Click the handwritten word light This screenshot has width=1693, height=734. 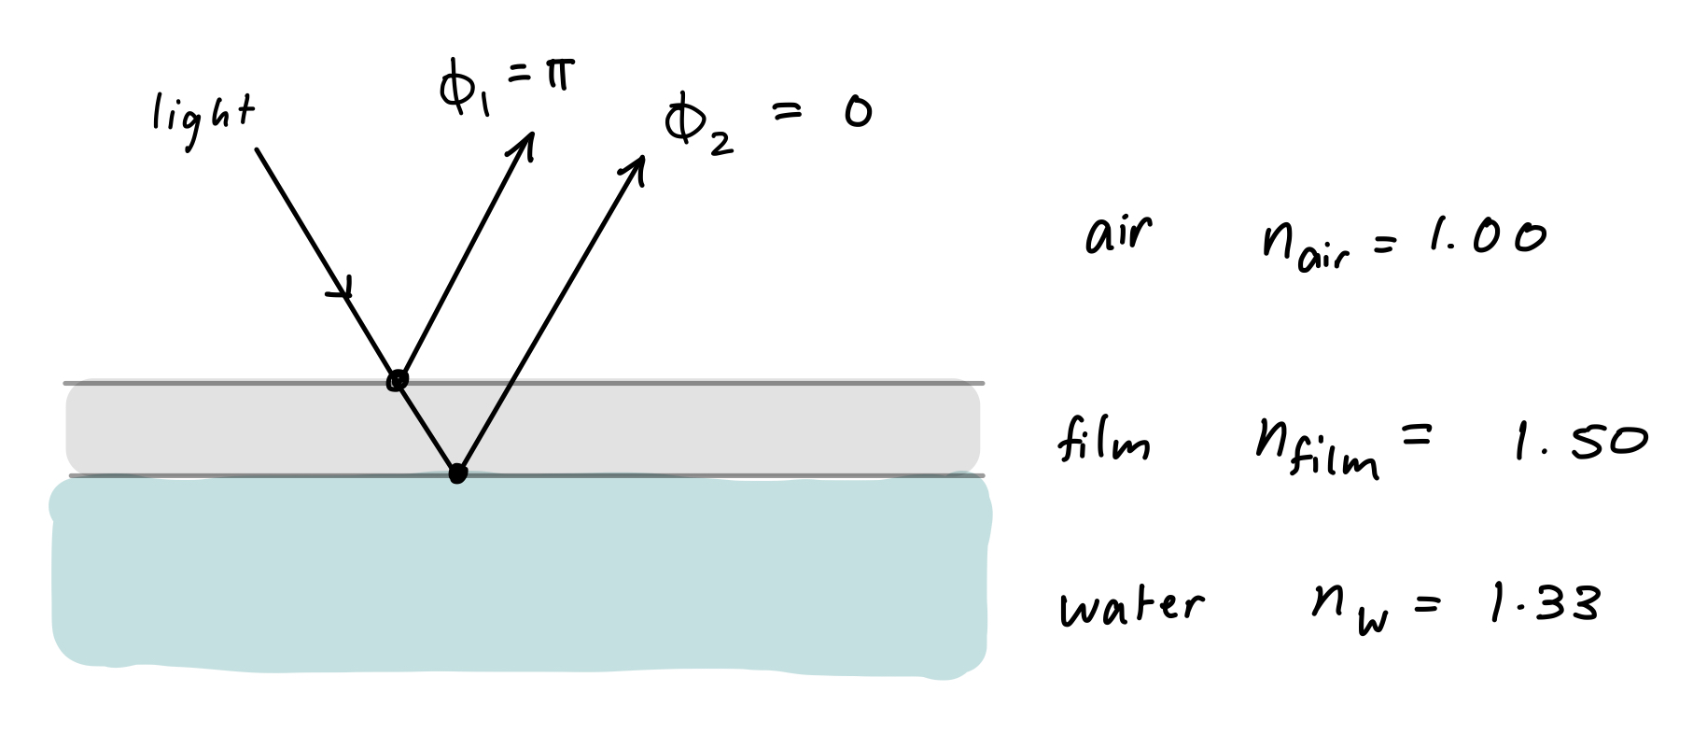pos(203,121)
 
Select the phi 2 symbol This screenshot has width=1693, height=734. pos(691,125)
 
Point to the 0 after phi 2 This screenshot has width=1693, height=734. pos(856,113)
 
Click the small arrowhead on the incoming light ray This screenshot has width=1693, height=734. pos(343,290)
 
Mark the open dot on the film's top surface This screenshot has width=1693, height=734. pos(398,381)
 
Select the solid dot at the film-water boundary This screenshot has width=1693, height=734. pos(456,473)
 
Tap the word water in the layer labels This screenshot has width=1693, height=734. pos(1131,607)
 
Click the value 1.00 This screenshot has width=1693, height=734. pos(1486,238)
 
